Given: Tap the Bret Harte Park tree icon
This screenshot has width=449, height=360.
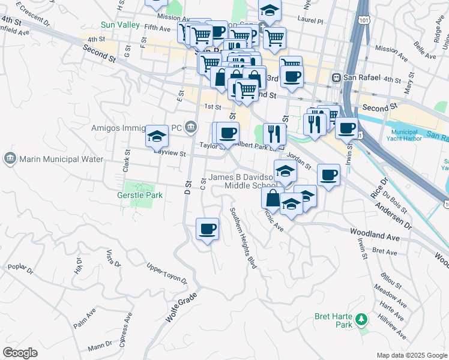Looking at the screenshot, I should (x=361, y=318).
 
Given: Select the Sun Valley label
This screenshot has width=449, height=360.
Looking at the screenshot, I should (x=120, y=25).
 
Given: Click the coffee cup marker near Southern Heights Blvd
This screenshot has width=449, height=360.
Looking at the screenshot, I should (x=207, y=229).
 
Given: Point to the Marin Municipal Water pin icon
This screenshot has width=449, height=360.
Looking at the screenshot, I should (x=10, y=159).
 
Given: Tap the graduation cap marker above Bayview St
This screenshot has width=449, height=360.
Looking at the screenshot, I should (x=157, y=137).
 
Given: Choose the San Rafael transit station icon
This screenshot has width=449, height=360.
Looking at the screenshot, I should (x=337, y=78).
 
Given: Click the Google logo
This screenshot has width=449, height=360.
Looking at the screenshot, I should (x=20, y=353).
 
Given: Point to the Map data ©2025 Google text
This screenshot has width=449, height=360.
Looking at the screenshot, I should (x=412, y=355).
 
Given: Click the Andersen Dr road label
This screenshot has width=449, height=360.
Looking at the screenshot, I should (x=394, y=215).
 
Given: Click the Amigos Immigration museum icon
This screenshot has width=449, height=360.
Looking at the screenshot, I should (x=191, y=126).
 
